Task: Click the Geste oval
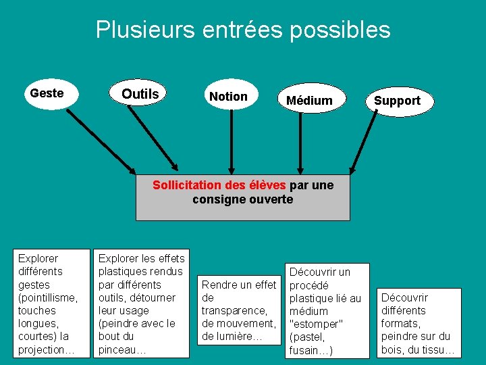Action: (47, 93)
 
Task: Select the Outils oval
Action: (140, 94)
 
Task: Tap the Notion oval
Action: (228, 97)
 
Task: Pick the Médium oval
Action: (309, 101)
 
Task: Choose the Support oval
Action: (397, 101)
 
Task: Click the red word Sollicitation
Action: (186, 185)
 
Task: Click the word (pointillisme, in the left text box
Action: (48, 297)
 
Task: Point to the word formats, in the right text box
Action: (404, 323)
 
